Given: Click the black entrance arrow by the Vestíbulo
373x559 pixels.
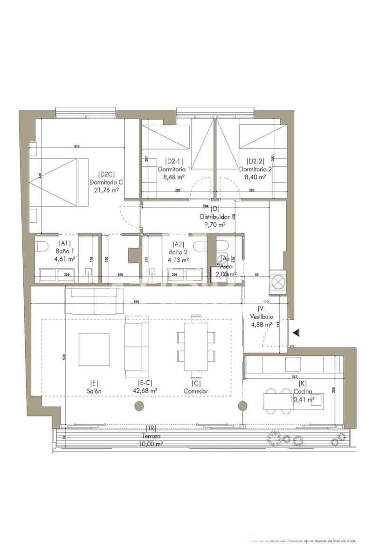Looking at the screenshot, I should (x=296, y=332).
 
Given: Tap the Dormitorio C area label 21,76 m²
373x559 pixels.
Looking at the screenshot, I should (x=106, y=190).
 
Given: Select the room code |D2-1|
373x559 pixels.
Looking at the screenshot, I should (x=173, y=161).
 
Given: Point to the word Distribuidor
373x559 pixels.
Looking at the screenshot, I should (x=214, y=217).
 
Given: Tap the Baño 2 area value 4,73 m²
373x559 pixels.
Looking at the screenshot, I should (x=179, y=260).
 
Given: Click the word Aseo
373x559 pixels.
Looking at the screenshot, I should (x=227, y=267).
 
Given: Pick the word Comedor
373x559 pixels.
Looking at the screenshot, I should (x=196, y=391).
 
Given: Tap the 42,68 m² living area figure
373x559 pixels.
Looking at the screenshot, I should (x=145, y=391).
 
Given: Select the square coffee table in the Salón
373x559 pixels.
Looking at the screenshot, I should (x=94, y=349).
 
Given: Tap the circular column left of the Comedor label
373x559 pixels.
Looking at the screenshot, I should (x=138, y=406).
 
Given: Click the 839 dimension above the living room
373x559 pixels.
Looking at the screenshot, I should (x=137, y=302).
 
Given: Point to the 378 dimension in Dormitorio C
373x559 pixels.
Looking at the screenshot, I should (x=77, y=147).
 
